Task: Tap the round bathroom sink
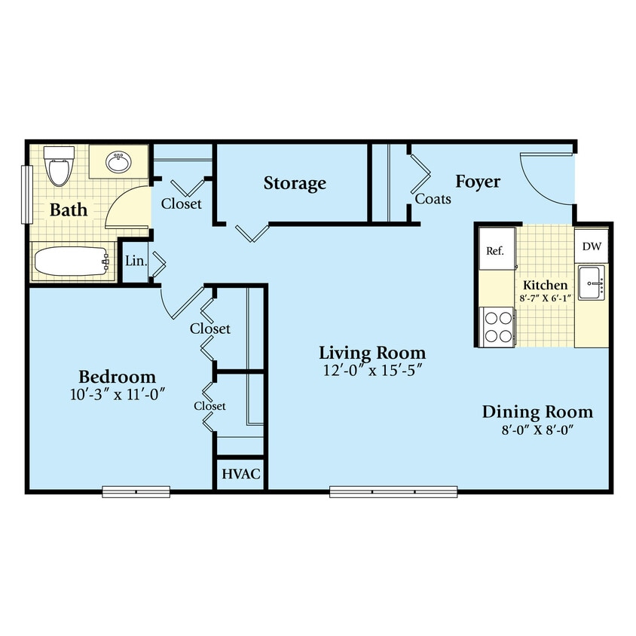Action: (117, 161)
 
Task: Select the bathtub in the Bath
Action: (70, 263)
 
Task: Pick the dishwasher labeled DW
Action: (591, 246)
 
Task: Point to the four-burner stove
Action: (497, 327)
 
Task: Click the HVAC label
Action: (240, 475)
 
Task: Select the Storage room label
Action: (295, 183)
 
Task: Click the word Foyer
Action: (478, 182)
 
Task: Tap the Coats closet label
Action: (433, 199)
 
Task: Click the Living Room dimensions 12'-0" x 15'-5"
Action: (372, 370)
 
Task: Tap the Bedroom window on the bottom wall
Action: (136, 493)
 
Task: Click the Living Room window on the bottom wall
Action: (393, 493)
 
